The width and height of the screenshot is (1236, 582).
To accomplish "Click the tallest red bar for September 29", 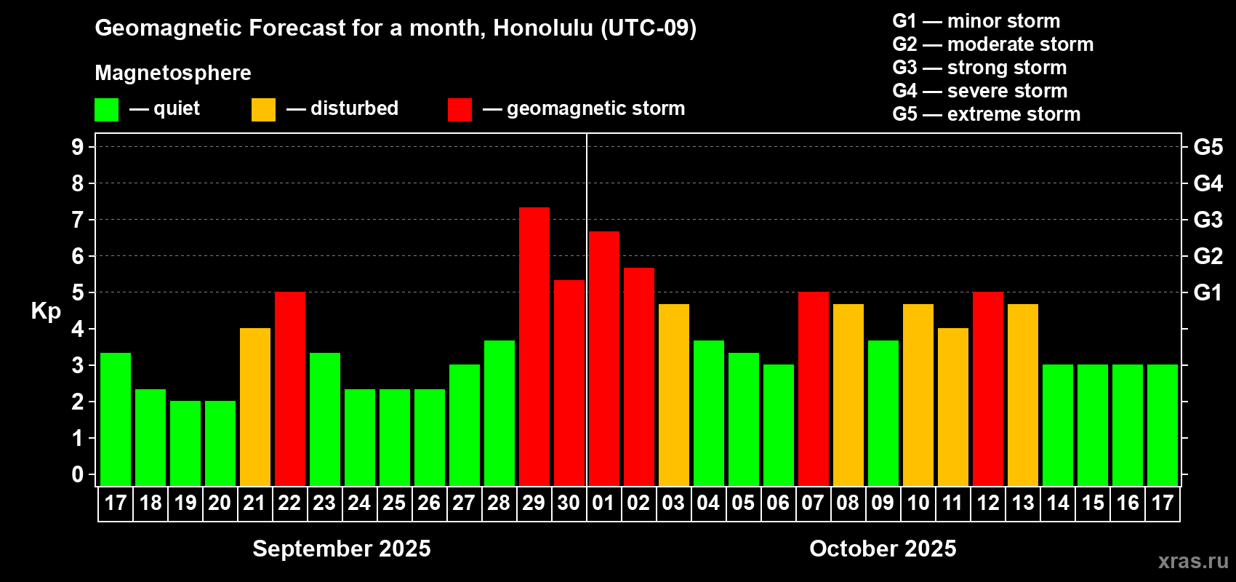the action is [534, 346].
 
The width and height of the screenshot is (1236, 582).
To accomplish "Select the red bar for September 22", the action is [289, 388].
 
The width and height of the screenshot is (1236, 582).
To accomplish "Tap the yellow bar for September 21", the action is [255, 407].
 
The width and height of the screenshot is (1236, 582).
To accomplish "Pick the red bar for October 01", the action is [603, 359].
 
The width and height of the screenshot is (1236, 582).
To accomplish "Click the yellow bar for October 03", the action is [674, 395].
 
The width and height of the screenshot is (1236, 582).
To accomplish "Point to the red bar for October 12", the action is [987, 388].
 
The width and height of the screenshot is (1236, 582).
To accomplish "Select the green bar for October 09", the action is [883, 413].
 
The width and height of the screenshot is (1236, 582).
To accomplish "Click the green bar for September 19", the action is [185, 443].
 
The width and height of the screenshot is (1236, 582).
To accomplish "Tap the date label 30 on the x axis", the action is [569, 503].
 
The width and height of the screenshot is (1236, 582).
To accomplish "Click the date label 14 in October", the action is [1058, 503].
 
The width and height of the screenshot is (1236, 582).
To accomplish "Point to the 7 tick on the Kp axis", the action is [77, 220].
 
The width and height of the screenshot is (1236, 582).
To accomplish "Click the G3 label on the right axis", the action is [1208, 220].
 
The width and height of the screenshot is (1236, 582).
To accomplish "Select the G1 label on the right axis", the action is [1208, 292].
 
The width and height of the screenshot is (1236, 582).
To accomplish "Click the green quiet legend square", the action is [106, 109].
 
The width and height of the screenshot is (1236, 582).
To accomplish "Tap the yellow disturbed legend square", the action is [263, 109].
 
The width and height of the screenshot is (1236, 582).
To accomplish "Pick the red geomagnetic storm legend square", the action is [460, 109].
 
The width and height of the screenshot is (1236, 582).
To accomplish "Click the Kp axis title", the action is [46, 311].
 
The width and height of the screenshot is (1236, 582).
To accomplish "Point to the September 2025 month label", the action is [342, 549].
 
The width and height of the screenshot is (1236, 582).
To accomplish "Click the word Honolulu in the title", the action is [543, 28].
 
